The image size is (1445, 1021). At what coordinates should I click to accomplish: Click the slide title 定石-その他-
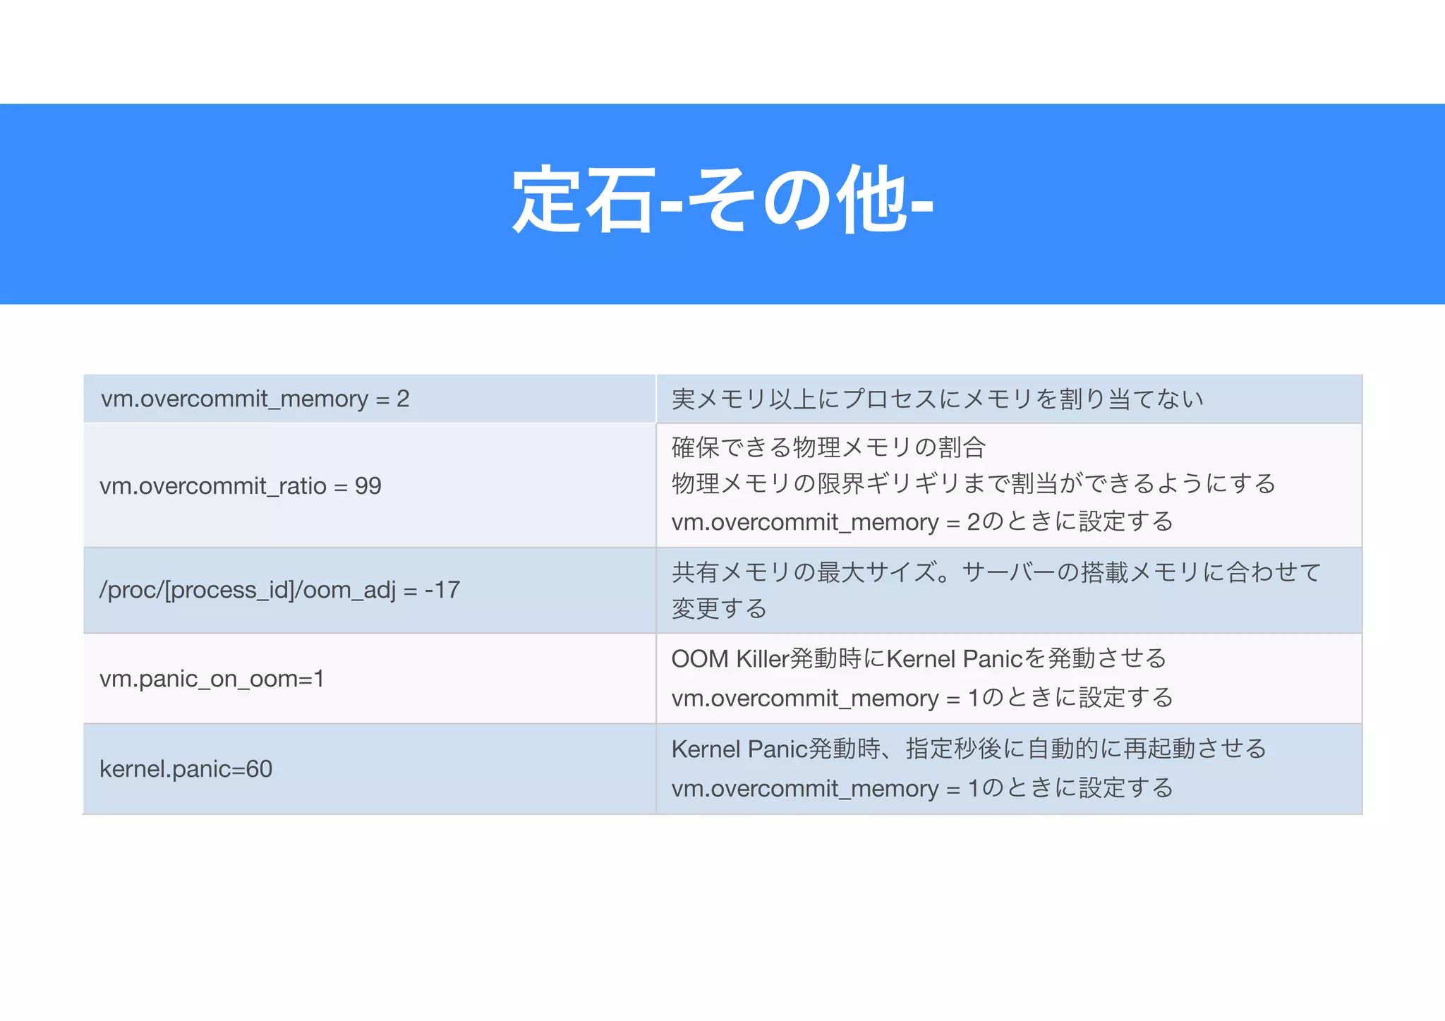(722, 201)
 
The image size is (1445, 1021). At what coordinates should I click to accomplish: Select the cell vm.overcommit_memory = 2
(255, 399)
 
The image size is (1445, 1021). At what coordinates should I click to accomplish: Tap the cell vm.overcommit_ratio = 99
(240, 486)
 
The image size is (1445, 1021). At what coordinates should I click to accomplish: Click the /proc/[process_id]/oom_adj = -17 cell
(279, 590)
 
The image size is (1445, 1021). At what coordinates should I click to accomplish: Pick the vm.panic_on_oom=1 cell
(212, 679)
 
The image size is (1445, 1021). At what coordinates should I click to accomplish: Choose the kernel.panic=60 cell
(186, 769)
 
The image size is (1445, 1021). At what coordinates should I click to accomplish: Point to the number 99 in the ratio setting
(368, 486)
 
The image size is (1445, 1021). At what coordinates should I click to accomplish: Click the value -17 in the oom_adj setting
(442, 590)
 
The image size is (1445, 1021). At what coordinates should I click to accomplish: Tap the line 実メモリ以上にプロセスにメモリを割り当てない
(937, 399)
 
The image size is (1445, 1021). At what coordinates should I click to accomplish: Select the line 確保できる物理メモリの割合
(828, 447)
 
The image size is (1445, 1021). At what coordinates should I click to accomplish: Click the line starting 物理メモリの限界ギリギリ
(974, 484)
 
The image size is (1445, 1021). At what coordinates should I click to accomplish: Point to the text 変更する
(719, 608)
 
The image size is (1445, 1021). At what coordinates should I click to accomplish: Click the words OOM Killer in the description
(730, 659)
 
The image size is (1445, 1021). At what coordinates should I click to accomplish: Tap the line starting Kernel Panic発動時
(969, 749)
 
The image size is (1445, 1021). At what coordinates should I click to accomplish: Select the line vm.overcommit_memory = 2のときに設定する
(922, 522)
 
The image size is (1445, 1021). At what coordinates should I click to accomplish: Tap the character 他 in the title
(872, 201)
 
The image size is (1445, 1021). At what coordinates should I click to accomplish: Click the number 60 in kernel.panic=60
(259, 769)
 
